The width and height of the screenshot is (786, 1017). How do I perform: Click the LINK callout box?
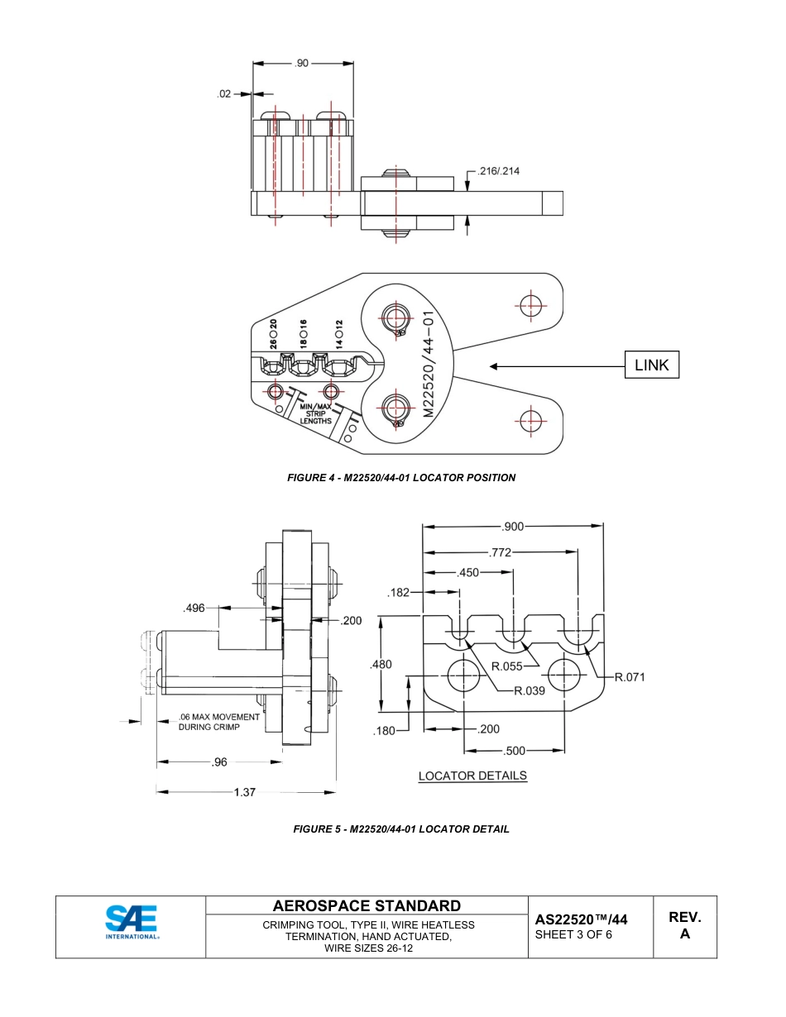click(x=651, y=365)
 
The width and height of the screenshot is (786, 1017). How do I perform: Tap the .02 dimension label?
click(x=224, y=94)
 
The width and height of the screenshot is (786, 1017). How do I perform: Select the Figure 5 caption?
click(x=401, y=828)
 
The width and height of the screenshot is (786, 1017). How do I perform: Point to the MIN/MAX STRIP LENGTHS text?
click(x=315, y=413)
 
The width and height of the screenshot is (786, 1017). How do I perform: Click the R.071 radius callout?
click(x=628, y=677)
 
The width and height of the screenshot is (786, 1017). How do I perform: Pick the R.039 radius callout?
click(x=529, y=691)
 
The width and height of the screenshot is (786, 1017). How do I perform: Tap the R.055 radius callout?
click(x=506, y=666)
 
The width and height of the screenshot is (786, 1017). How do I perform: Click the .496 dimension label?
click(x=194, y=609)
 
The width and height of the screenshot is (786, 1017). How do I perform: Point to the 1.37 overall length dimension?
click(x=245, y=792)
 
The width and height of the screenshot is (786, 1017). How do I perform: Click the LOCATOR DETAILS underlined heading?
click(x=472, y=776)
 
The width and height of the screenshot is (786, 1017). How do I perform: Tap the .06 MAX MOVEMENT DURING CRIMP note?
click(x=218, y=722)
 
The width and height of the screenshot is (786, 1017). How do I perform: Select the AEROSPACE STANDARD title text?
click(x=367, y=905)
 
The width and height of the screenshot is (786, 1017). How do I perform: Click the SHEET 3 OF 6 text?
click(x=573, y=934)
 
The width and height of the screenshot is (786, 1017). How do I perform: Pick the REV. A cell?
click(x=685, y=926)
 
